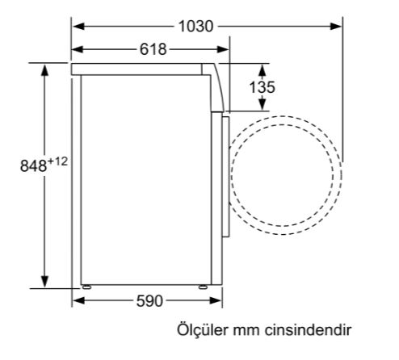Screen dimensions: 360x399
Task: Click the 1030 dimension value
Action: tap(196, 26)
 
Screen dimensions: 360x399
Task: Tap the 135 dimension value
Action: tap(258, 86)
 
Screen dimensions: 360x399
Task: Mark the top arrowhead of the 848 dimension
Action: tap(44, 69)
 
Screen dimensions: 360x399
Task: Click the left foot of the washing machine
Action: tap(85, 287)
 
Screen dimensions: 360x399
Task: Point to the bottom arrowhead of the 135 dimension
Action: tap(258, 106)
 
